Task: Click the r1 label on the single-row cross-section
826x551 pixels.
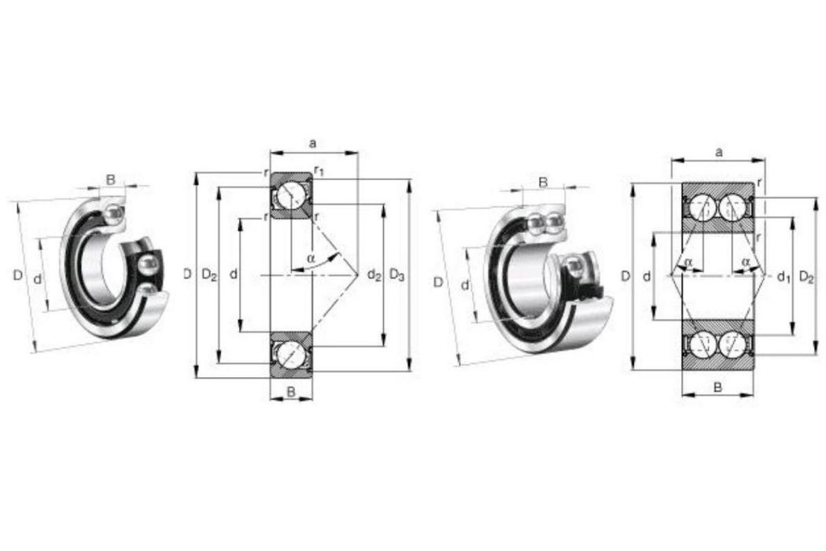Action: [x=319, y=170]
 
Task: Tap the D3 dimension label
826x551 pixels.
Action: [x=396, y=275]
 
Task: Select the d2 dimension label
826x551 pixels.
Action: [x=374, y=275]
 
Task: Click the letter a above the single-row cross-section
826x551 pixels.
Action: [x=313, y=143]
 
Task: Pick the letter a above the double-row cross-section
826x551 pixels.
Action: [x=718, y=153]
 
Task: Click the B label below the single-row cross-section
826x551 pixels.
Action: [x=291, y=390]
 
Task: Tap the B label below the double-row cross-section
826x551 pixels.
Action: [x=717, y=387]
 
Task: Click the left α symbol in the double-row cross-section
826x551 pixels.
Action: [x=688, y=261]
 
